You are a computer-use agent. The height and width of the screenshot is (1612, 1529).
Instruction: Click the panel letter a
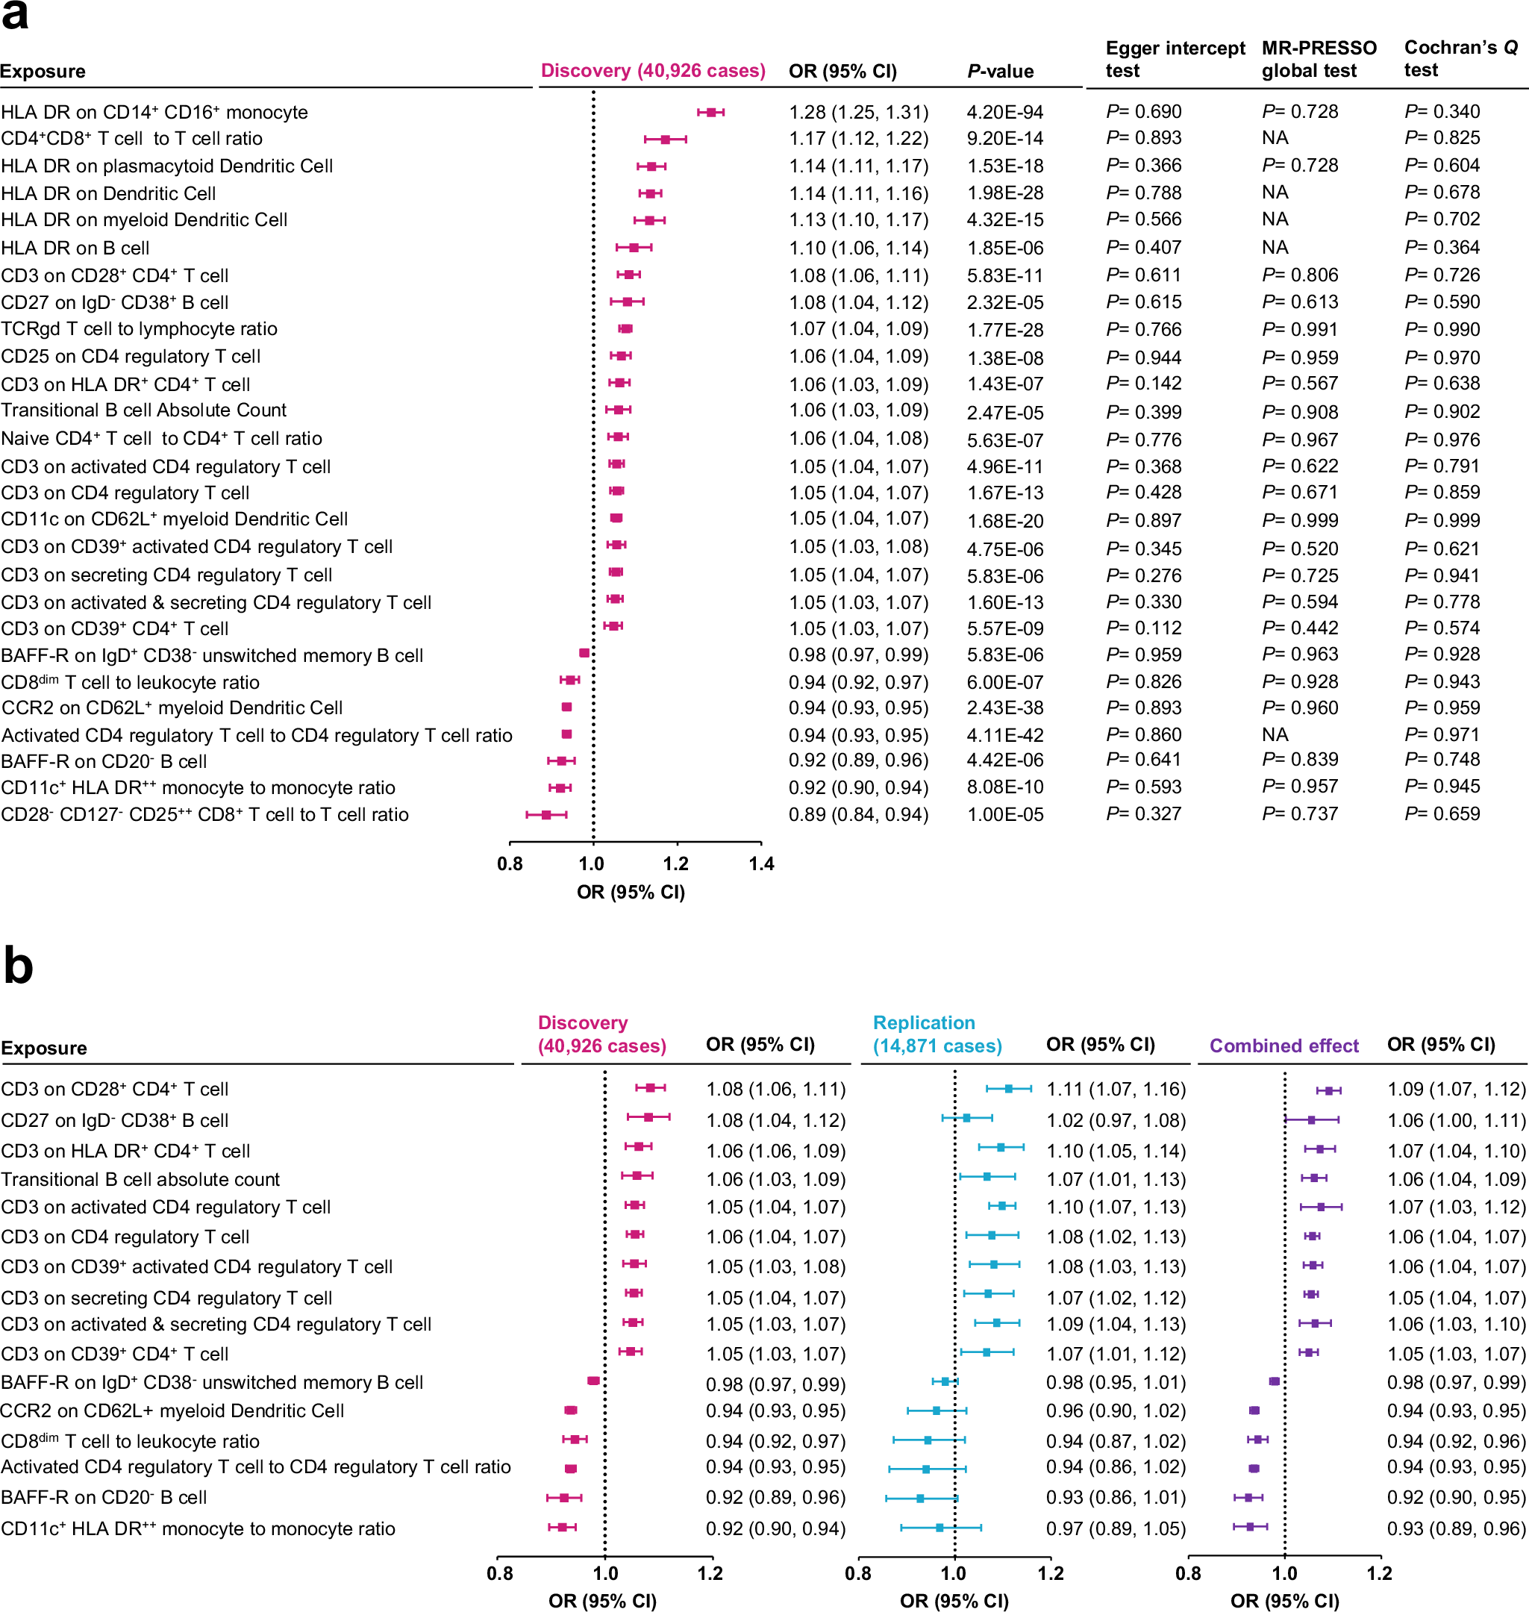pyautogui.click(x=15, y=16)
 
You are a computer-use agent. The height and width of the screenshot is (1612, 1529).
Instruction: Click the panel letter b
pyautogui.click(x=18, y=966)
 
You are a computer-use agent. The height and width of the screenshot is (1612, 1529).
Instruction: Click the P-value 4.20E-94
pyautogui.click(x=1005, y=113)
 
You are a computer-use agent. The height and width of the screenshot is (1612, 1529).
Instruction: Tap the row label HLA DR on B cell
pyautogui.click(x=75, y=248)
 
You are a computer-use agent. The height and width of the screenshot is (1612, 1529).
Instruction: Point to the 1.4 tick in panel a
pyautogui.click(x=761, y=864)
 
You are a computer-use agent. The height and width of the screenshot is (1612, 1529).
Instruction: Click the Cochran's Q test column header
pyautogui.click(x=1460, y=59)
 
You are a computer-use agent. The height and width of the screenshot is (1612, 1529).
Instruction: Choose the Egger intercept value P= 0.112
pyautogui.click(x=1143, y=628)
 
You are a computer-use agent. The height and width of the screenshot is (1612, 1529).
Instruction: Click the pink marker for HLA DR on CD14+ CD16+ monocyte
pyautogui.click(x=710, y=113)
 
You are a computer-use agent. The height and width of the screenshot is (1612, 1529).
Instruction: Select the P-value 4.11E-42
pyautogui.click(x=1005, y=735)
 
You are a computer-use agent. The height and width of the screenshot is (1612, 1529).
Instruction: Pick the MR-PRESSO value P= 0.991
pyautogui.click(x=1300, y=329)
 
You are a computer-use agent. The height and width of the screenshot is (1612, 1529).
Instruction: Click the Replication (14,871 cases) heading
pyautogui.click(x=937, y=1034)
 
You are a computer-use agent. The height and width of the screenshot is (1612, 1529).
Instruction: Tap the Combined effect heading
pyautogui.click(x=1283, y=1046)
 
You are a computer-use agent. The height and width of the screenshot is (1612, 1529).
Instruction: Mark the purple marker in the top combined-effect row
pyautogui.click(x=1328, y=1090)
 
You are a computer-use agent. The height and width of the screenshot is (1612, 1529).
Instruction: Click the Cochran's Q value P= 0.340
pyautogui.click(x=1442, y=112)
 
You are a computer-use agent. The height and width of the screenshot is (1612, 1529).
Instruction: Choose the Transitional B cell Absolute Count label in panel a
pyautogui.click(x=143, y=410)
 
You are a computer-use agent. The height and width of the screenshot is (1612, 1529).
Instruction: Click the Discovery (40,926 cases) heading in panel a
pyautogui.click(x=653, y=71)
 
